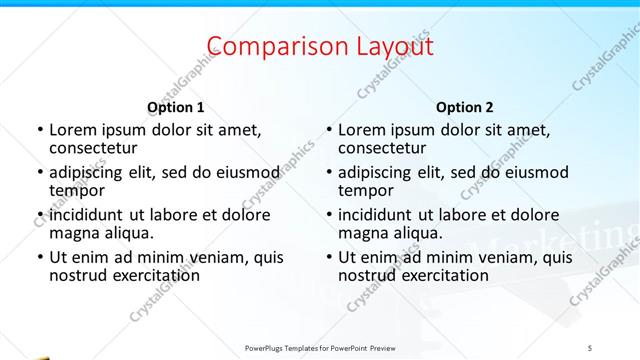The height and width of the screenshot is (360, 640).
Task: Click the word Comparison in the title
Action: [268, 46]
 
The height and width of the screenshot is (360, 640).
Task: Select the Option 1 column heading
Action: [176, 107]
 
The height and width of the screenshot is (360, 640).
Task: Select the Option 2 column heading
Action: [465, 107]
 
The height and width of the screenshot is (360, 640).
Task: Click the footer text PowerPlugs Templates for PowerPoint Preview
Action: [320, 346]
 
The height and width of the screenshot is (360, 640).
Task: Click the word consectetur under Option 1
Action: [98, 149]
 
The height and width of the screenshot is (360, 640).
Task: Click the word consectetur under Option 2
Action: [387, 149]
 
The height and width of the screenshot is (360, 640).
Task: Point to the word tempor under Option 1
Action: [77, 191]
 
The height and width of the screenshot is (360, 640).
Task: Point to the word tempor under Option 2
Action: [366, 191]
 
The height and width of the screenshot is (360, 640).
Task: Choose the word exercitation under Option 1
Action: [153, 275]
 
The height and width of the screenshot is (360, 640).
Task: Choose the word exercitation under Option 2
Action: [442, 275]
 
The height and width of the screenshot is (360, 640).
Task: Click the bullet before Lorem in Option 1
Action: [39, 130]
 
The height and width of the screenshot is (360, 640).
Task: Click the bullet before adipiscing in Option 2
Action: [328, 172]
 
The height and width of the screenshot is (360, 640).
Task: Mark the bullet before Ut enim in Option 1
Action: [39, 257]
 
